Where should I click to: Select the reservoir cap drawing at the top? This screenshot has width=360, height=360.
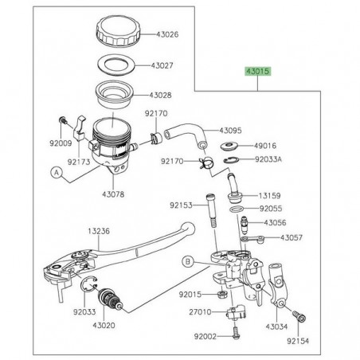pos(118,33)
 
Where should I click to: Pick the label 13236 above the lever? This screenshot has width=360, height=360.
pos(100,229)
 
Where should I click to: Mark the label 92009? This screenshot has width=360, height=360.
pos(62,146)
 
